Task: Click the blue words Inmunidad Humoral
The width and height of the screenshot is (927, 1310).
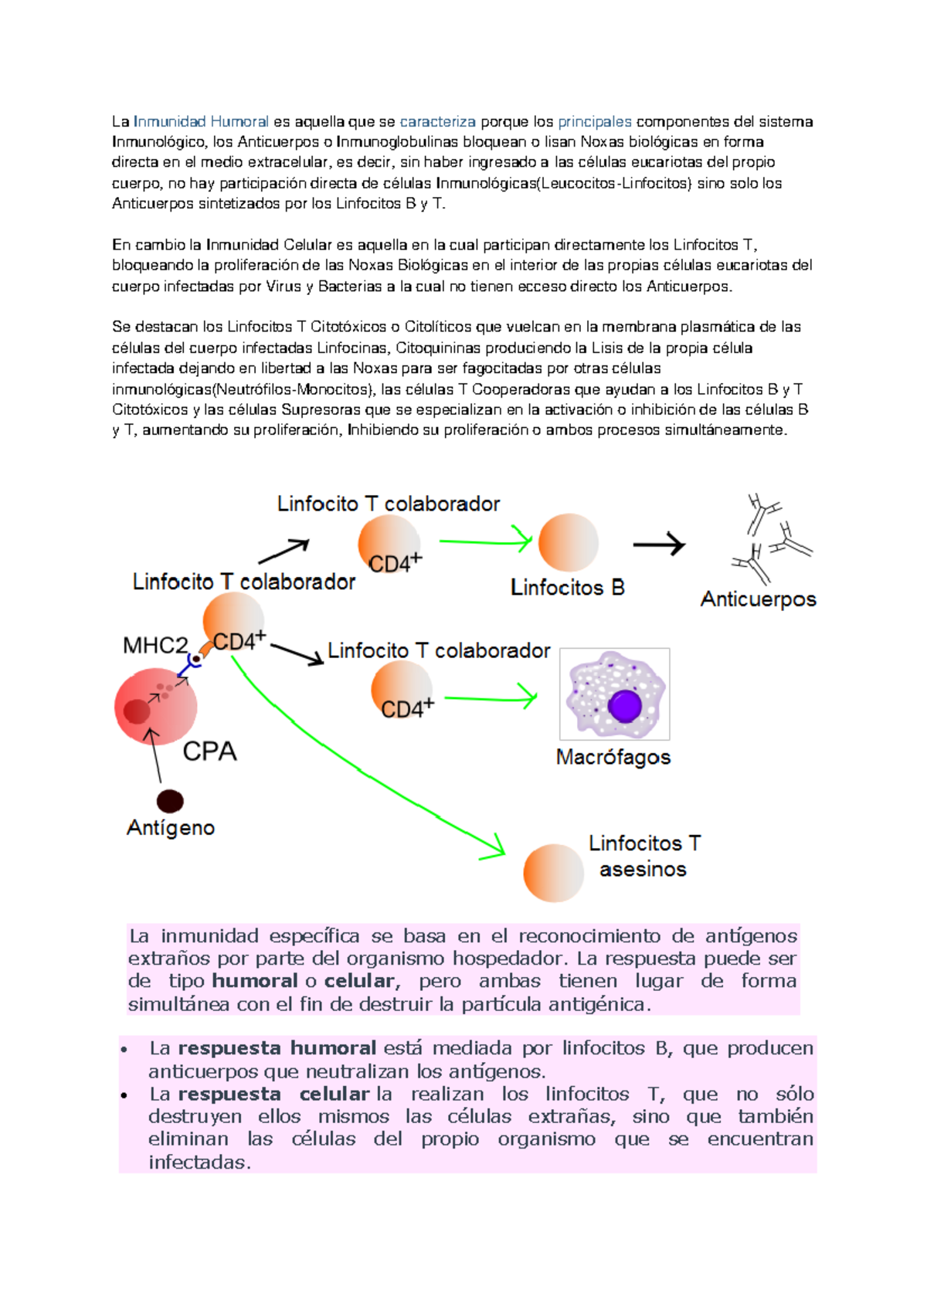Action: [201, 121]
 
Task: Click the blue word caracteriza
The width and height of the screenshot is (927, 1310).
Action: [437, 121]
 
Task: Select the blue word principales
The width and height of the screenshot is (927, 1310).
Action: [594, 121]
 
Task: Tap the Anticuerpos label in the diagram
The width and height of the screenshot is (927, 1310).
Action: [758, 599]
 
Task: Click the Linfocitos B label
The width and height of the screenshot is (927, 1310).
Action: [567, 588]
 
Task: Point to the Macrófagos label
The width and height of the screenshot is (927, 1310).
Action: [613, 757]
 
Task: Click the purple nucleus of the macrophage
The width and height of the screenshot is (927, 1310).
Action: [624, 705]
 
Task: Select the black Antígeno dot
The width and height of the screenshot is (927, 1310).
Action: [170, 801]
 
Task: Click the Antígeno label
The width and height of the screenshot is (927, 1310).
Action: [171, 828]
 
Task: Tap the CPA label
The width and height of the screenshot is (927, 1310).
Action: [209, 752]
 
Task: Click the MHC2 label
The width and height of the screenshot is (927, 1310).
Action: [155, 646]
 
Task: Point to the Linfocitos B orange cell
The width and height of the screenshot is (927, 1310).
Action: [568, 543]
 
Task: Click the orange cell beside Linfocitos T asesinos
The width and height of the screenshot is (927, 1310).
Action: [553, 873]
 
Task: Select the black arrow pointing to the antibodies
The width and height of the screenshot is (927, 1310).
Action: [659, 545]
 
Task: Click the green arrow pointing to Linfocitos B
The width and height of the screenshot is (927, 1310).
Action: [485, 541]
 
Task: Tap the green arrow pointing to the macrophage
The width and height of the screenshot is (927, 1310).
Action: [491, 698]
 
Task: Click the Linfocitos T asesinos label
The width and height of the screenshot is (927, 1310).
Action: [643, 856]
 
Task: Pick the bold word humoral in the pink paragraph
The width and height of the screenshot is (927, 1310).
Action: [254, 981]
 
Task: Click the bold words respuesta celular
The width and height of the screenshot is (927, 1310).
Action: [273, 1094]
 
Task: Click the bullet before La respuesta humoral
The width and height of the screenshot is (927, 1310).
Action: [124, 1050]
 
